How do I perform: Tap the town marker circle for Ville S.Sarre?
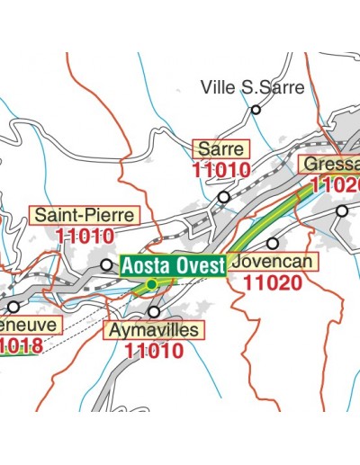point(256,111)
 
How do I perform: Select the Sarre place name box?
point(220,148)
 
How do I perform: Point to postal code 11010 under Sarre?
point(220,168)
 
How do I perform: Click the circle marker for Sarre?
point(223,196)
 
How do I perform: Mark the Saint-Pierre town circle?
point(106,264)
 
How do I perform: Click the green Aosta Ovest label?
point(172,265)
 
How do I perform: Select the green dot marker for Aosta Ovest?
point(151,284)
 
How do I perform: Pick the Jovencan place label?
point(274,262)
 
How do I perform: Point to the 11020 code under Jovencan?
point(274,282)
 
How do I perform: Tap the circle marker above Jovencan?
point(272,243)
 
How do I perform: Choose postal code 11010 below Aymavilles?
point(154,352)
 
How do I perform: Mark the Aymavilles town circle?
point(154,312)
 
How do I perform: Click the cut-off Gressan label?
point(330,165)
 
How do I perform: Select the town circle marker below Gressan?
point(342,210)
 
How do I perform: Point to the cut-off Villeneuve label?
point(30,324)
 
